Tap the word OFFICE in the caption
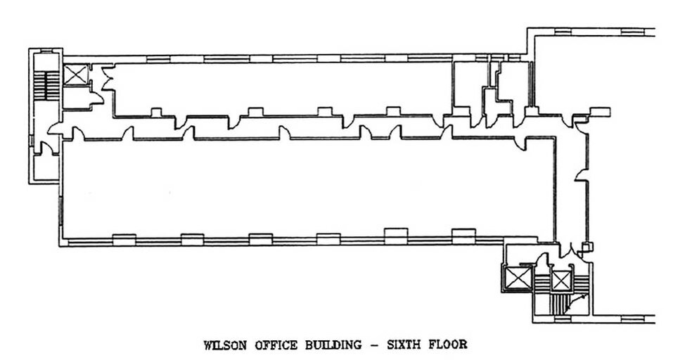click(x=276, y=345)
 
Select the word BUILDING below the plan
click(x=333, y=345)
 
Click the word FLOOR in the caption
click(x=448, y=344)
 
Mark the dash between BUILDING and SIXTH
click(x=374, y=345)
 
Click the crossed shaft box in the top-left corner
click(x=76, y=75)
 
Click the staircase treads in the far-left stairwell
click(x=46, y=85)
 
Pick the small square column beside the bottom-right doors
click(x=587, y=247)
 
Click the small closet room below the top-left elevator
click(x=76, y=98)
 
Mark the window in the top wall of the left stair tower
click(x=46, y=51)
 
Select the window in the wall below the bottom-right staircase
click(x=562, y=319)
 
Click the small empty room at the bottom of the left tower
click(x=46, y=167)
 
